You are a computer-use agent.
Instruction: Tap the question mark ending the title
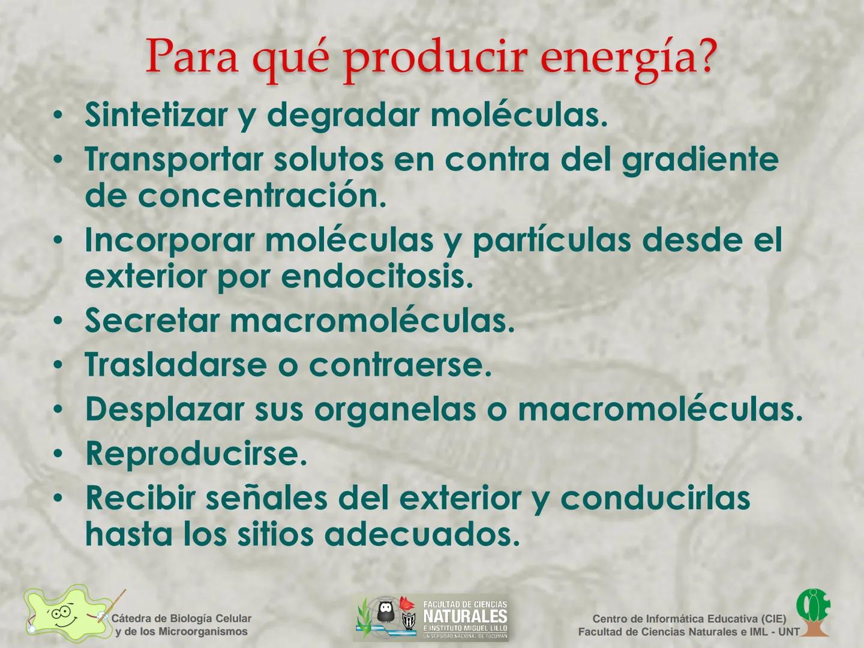click(704, 55)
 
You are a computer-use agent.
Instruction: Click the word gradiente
click(700, 160)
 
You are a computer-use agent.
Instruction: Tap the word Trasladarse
click(175, 365)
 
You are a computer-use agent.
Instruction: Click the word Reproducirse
click(196, 454)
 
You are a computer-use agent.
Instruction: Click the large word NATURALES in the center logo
click(465, 616)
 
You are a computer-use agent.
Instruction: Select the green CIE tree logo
click(813, 611)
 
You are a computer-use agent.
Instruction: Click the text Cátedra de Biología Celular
click(181, 619)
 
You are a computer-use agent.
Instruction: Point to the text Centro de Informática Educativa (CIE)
click(689, 619)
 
